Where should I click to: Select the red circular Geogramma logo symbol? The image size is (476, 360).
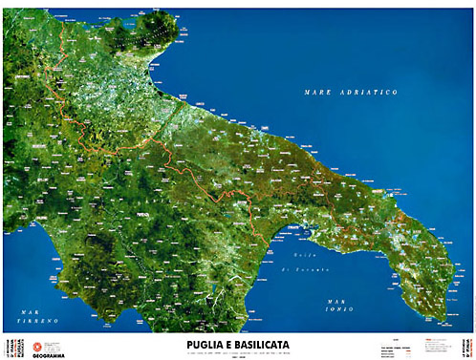39,343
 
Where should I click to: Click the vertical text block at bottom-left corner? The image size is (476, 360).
9,345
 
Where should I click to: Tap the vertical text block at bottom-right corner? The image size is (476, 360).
467,345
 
